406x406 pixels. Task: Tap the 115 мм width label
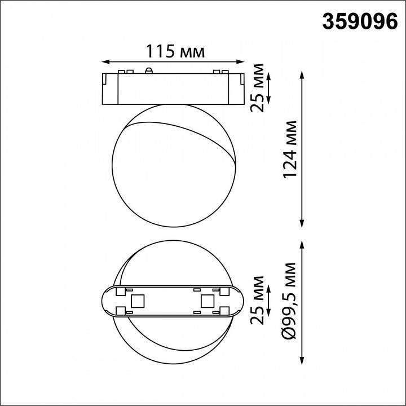175,52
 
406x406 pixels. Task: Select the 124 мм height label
290,149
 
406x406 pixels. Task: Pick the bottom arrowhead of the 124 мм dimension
304,224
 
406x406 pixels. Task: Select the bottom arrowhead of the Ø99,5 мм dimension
304,361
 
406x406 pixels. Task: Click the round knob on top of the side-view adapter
149,70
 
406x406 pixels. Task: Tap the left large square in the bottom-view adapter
136,301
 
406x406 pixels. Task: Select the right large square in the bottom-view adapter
207,301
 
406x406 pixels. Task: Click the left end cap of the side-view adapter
109,88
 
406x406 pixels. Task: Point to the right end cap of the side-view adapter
237,88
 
